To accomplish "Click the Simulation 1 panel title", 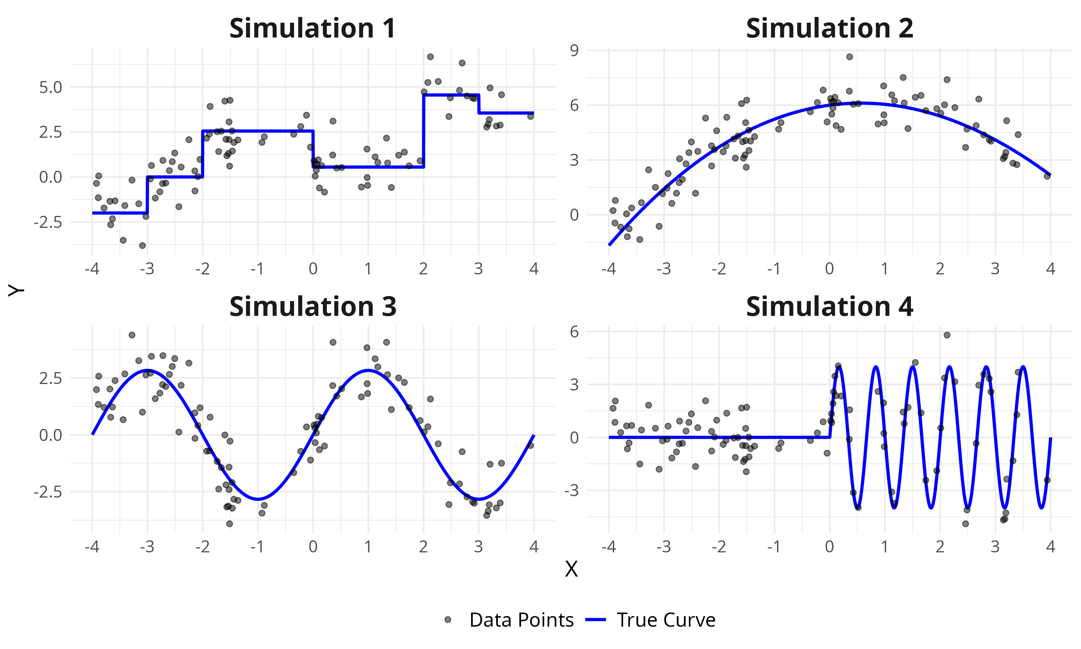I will pyautogui.click(x=312, y=28).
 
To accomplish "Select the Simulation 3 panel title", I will pyautogui.click(x=312, y=306).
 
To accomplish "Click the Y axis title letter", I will pyautogui.click(x=16, y=290).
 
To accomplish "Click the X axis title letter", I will pyautogui.click(x=571, y=569).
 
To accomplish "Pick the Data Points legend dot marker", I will pyautogui.click(x=448, y=620).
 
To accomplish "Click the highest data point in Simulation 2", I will pyautogui.click(x=849, y=57).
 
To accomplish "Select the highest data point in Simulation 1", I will pyautogui.click(x=430, y=57).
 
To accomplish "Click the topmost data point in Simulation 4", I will pyautogui.click(x=947, y=335).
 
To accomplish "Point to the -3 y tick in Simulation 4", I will pyautogui.click(x=571, y=491).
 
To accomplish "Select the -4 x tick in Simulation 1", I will pyautogui.click(x=92, y=269).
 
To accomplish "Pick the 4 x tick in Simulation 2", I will pyautogui.click(x=1050, y=269).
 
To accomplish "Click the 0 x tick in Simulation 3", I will pyautogui.click(x=313, y=547).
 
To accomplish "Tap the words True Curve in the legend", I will pyautogui.click(x=666, y=620).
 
